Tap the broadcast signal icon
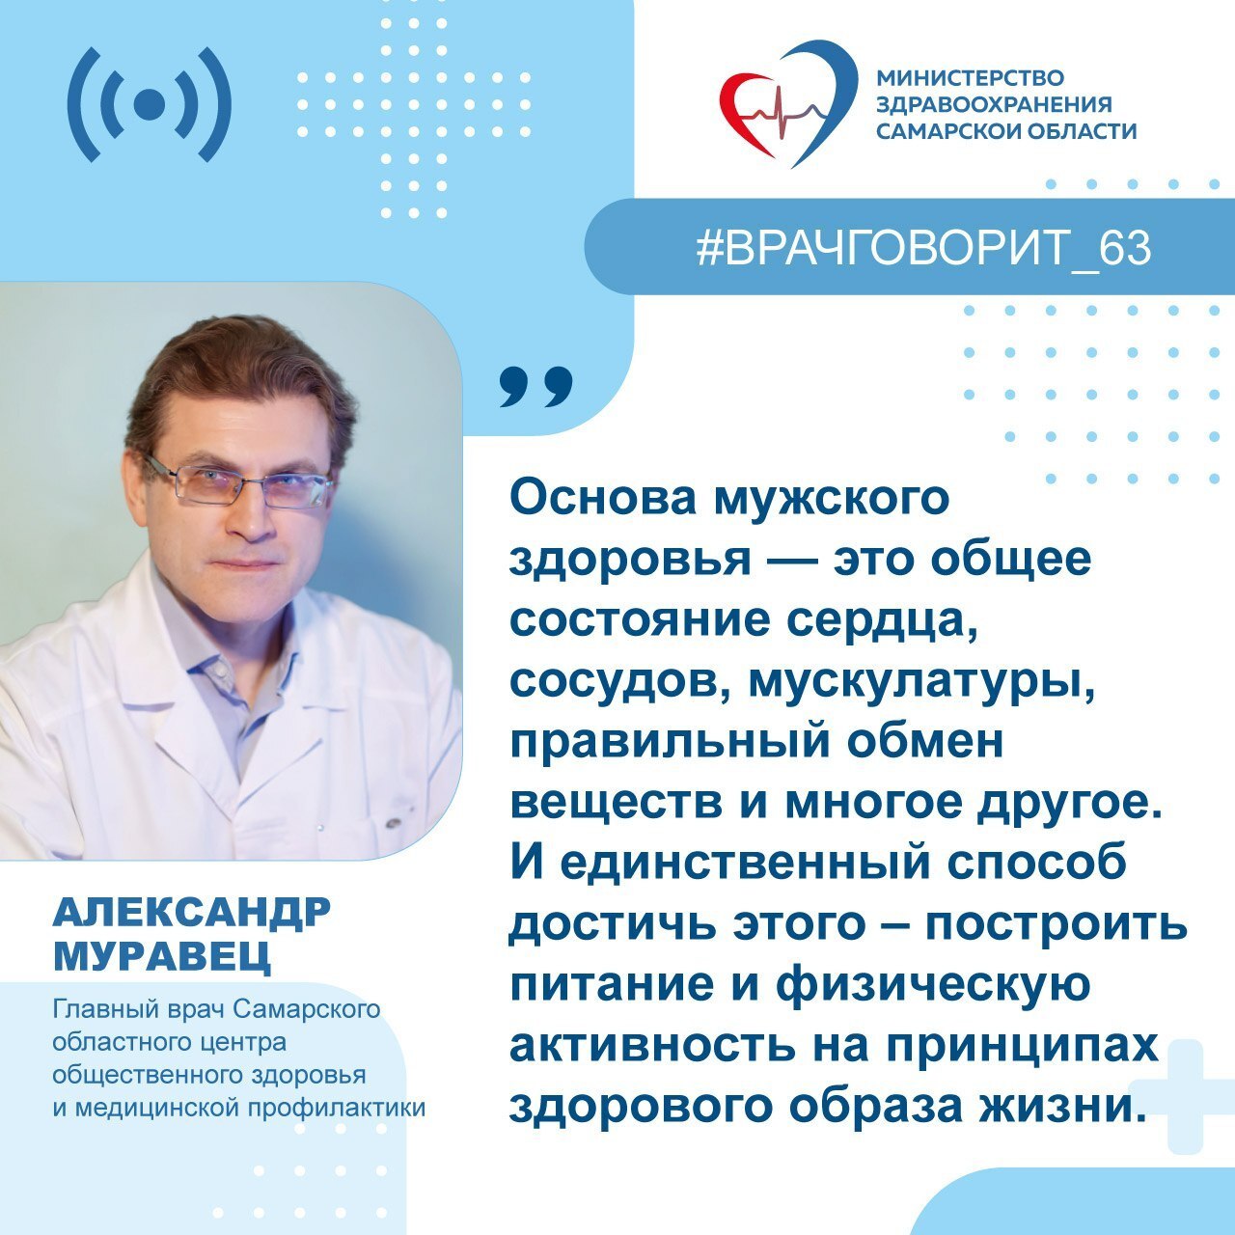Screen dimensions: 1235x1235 pyautogui.click(x=150, y=104)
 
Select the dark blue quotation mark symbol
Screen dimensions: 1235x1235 pyautogui.click(x=535, y=386)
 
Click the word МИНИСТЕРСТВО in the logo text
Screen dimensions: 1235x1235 pyautogui.click(x=970, y=77)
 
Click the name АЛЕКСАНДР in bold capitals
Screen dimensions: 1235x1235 pyautogui.click(x=191, y=912)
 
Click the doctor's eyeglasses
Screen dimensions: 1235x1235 pyautogui.click(x=241, y=483)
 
